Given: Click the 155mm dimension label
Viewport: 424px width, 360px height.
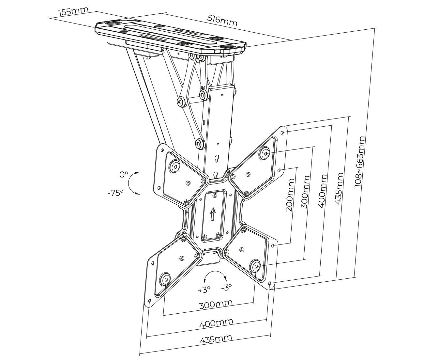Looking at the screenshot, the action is coord(74,11).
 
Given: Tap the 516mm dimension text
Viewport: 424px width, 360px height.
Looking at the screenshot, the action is coord(222,21).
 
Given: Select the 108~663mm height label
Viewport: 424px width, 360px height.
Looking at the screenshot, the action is coord(360,161).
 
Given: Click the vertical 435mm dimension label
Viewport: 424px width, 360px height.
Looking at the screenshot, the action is coord(339,189).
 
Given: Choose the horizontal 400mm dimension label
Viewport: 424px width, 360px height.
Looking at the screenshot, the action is coord(216,323).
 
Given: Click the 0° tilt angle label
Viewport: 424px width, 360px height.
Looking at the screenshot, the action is coord(124,175).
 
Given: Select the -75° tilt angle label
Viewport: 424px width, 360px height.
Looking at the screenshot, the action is coord(116,193).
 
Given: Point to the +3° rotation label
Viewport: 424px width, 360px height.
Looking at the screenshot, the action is coord(204,290).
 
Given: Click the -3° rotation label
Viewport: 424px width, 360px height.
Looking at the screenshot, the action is coord(226,287).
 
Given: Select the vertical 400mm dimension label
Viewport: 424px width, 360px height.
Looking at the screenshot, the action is coord(323,191).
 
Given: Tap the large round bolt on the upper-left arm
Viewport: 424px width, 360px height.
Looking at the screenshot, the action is coord(174,165).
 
